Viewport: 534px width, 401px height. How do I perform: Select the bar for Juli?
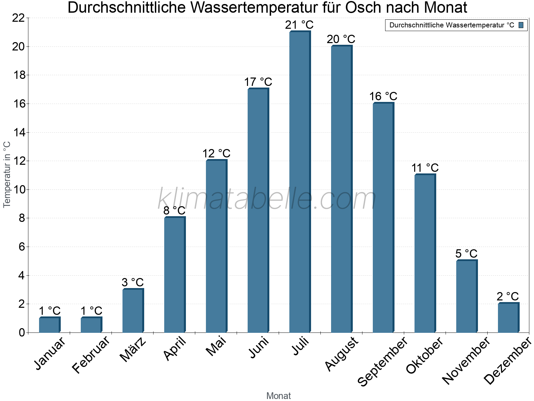(299, 182)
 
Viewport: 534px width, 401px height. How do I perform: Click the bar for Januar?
(49, 325)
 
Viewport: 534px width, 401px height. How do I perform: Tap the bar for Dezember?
(508, 318)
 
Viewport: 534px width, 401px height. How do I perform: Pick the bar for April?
(174, 275)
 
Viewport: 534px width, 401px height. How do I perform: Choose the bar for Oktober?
(425, 254)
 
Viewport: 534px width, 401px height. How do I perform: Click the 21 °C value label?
(299, 25)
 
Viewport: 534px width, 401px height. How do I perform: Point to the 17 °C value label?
(258, 82)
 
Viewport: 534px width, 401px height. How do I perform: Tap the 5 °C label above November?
(466, 254)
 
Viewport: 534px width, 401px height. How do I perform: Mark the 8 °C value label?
(174, 211)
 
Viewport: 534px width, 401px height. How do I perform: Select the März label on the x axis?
(133, 350)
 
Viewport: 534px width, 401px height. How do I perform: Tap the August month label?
(342, 354)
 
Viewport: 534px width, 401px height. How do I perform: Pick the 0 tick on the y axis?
(22, 332)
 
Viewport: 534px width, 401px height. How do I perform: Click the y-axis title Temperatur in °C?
(7, 174)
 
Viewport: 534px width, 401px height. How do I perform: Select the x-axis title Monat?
(278, 396)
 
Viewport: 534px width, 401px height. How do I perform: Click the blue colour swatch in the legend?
(521, 25)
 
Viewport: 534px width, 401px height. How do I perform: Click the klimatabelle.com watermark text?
(267, 199)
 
